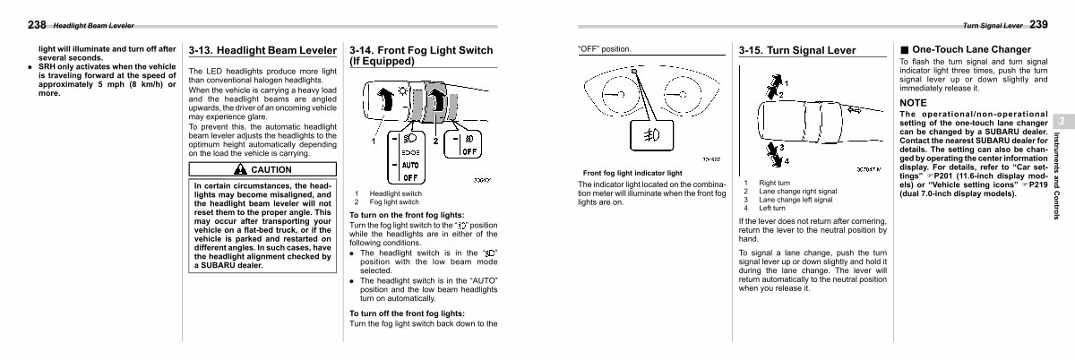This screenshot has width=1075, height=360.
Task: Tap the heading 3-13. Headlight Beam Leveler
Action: tap(262, 52)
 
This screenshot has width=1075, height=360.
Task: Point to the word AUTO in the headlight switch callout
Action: tap(408, 165)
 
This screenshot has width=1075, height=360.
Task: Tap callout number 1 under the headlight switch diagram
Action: tap(374, 142)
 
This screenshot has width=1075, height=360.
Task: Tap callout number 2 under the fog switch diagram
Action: tap(435, 142)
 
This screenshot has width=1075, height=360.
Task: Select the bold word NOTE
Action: tap(914, 104)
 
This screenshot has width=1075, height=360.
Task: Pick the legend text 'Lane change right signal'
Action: tap(797, 192)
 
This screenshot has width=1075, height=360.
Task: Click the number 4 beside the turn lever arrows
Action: tap(786, 162)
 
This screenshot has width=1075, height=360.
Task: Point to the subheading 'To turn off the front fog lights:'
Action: tap(407, 313)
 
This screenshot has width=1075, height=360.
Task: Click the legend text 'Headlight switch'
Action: tap(395, 194)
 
